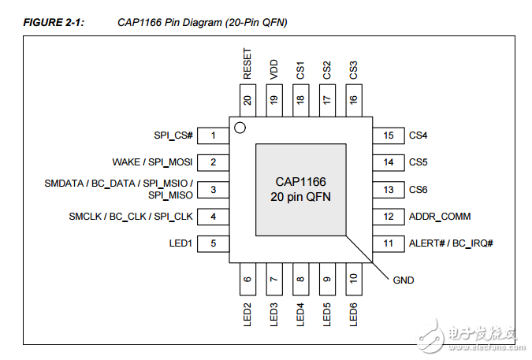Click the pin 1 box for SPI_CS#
pyautogui.click(x=213, y=135)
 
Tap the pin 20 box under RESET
pyautogui.click(x=247, y=100)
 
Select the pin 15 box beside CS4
pyautogui.click(x=388, y=135)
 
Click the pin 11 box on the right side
pyautogui.click(x=388, y=243)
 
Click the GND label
pyautogui.click(x=403, y=280)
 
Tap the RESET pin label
pyautogui.click(x=247, y=65)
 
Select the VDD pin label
pyautogui.click(x=274, y=69)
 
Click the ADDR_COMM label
pyautogui.click(x=439, y=217)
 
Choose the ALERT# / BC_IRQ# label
pyautogui.click(x=450, y=243)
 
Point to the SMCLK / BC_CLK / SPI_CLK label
pyautogui.click(x=130, y=217)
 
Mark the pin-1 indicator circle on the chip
pyautogui.click(x=240, y=128)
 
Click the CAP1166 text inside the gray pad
pyautogui.click(x=300, y=182)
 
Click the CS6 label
pyautogui.click(x=418, y=190)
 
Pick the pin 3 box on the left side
pyautogui.click(x=213, y=189)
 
